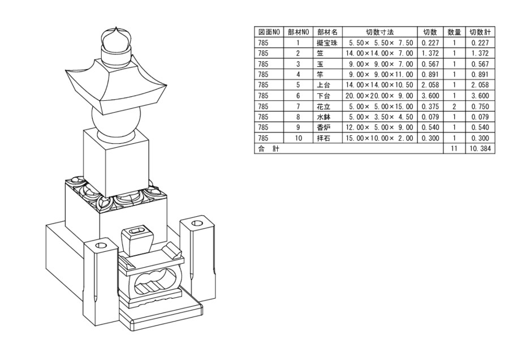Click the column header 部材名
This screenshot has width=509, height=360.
tap(327, 32)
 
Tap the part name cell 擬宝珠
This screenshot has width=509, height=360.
tap(327, 43)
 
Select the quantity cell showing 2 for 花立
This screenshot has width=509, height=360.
tap(454, 106)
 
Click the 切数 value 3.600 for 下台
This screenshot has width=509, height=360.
tap(430, 96)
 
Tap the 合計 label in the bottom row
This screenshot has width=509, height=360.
tap(265, 148)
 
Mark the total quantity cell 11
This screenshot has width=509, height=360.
tap(454, 148)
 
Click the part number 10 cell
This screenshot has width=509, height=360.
tap(298, 138)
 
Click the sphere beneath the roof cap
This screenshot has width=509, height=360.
tap(116, 123)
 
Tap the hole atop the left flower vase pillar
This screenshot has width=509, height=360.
tap(100, 246)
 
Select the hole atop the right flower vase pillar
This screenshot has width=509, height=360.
tap(198, 224)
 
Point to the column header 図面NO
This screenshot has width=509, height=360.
tap(269, 32)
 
